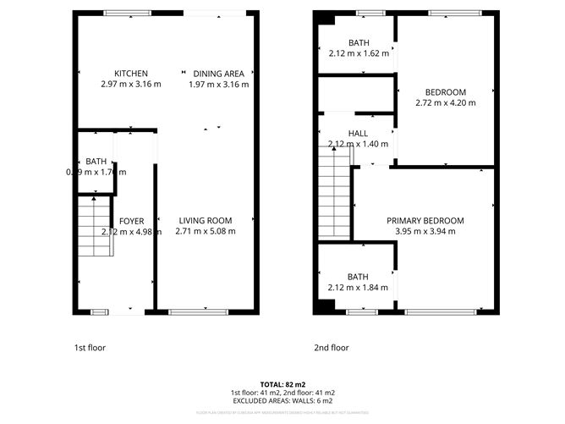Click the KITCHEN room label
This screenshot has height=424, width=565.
click(131, 74)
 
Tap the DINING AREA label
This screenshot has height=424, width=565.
click(218, 74)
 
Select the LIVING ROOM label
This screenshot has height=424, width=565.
click(205, 221)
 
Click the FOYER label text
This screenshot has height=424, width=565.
click(131, 221)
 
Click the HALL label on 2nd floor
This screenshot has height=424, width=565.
click(358, 134)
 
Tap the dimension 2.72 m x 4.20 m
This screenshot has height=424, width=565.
click(446, 102)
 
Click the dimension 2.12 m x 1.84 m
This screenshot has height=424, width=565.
click(358, 287)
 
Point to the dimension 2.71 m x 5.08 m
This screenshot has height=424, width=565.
click(205, 231)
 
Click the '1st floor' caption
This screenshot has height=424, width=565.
click(91, 347)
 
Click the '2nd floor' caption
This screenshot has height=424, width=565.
click(331, 347)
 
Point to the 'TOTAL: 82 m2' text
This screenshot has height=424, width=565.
click(282, 385)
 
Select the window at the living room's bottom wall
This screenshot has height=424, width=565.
click(198, 312)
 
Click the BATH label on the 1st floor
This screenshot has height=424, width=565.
click(96, 162)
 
